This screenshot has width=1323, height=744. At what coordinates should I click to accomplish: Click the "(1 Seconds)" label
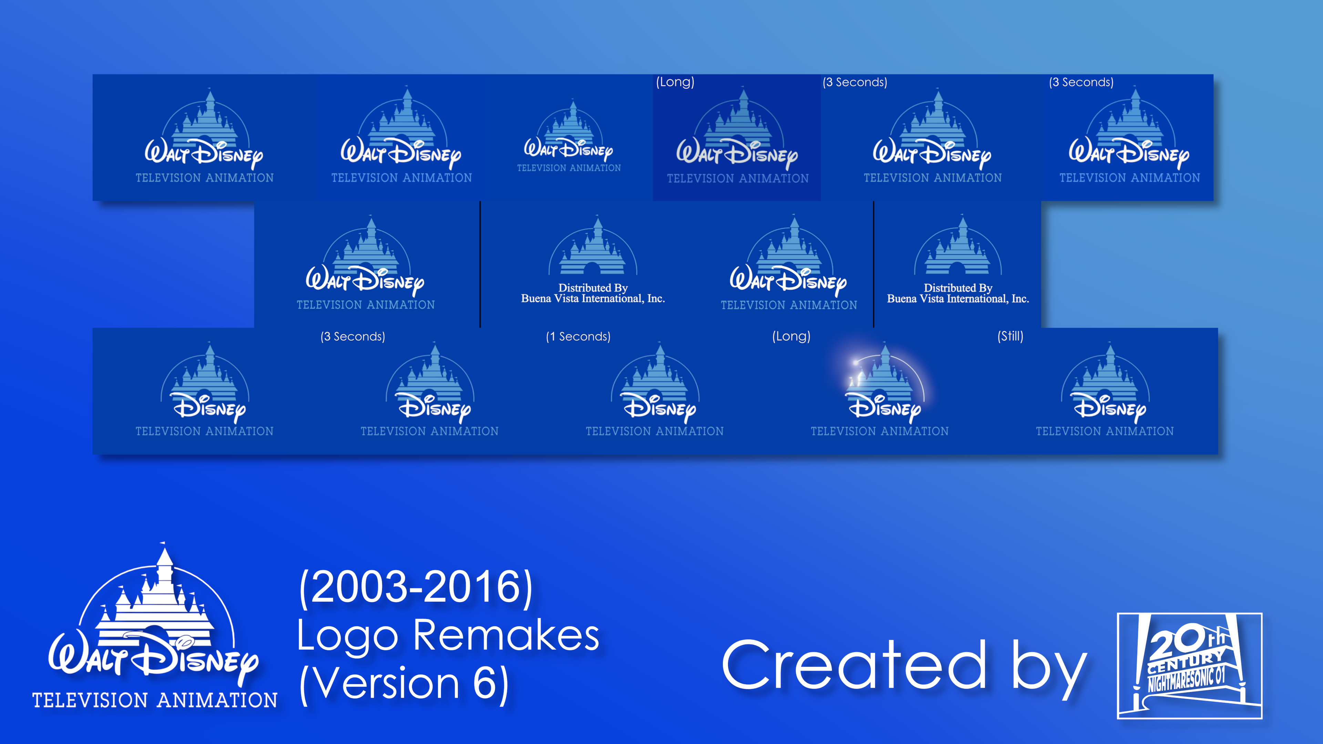coord(578,336)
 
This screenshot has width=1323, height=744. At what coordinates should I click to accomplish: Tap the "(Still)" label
coord(1010,336)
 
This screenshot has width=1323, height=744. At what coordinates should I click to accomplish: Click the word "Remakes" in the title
coord(506,635)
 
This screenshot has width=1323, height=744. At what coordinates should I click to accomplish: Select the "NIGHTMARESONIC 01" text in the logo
coord(1186,679)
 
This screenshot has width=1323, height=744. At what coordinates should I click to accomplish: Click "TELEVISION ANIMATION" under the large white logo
coord(155,700)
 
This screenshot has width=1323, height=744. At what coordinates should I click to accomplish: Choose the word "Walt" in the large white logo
coord(87,655)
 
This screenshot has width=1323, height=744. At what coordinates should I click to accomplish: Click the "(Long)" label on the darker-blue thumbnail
coord(675,82)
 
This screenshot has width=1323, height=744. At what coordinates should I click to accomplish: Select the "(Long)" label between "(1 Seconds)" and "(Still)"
coord(791,336)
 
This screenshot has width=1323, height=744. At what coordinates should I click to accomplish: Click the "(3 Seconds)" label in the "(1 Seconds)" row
coord(352,336)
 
